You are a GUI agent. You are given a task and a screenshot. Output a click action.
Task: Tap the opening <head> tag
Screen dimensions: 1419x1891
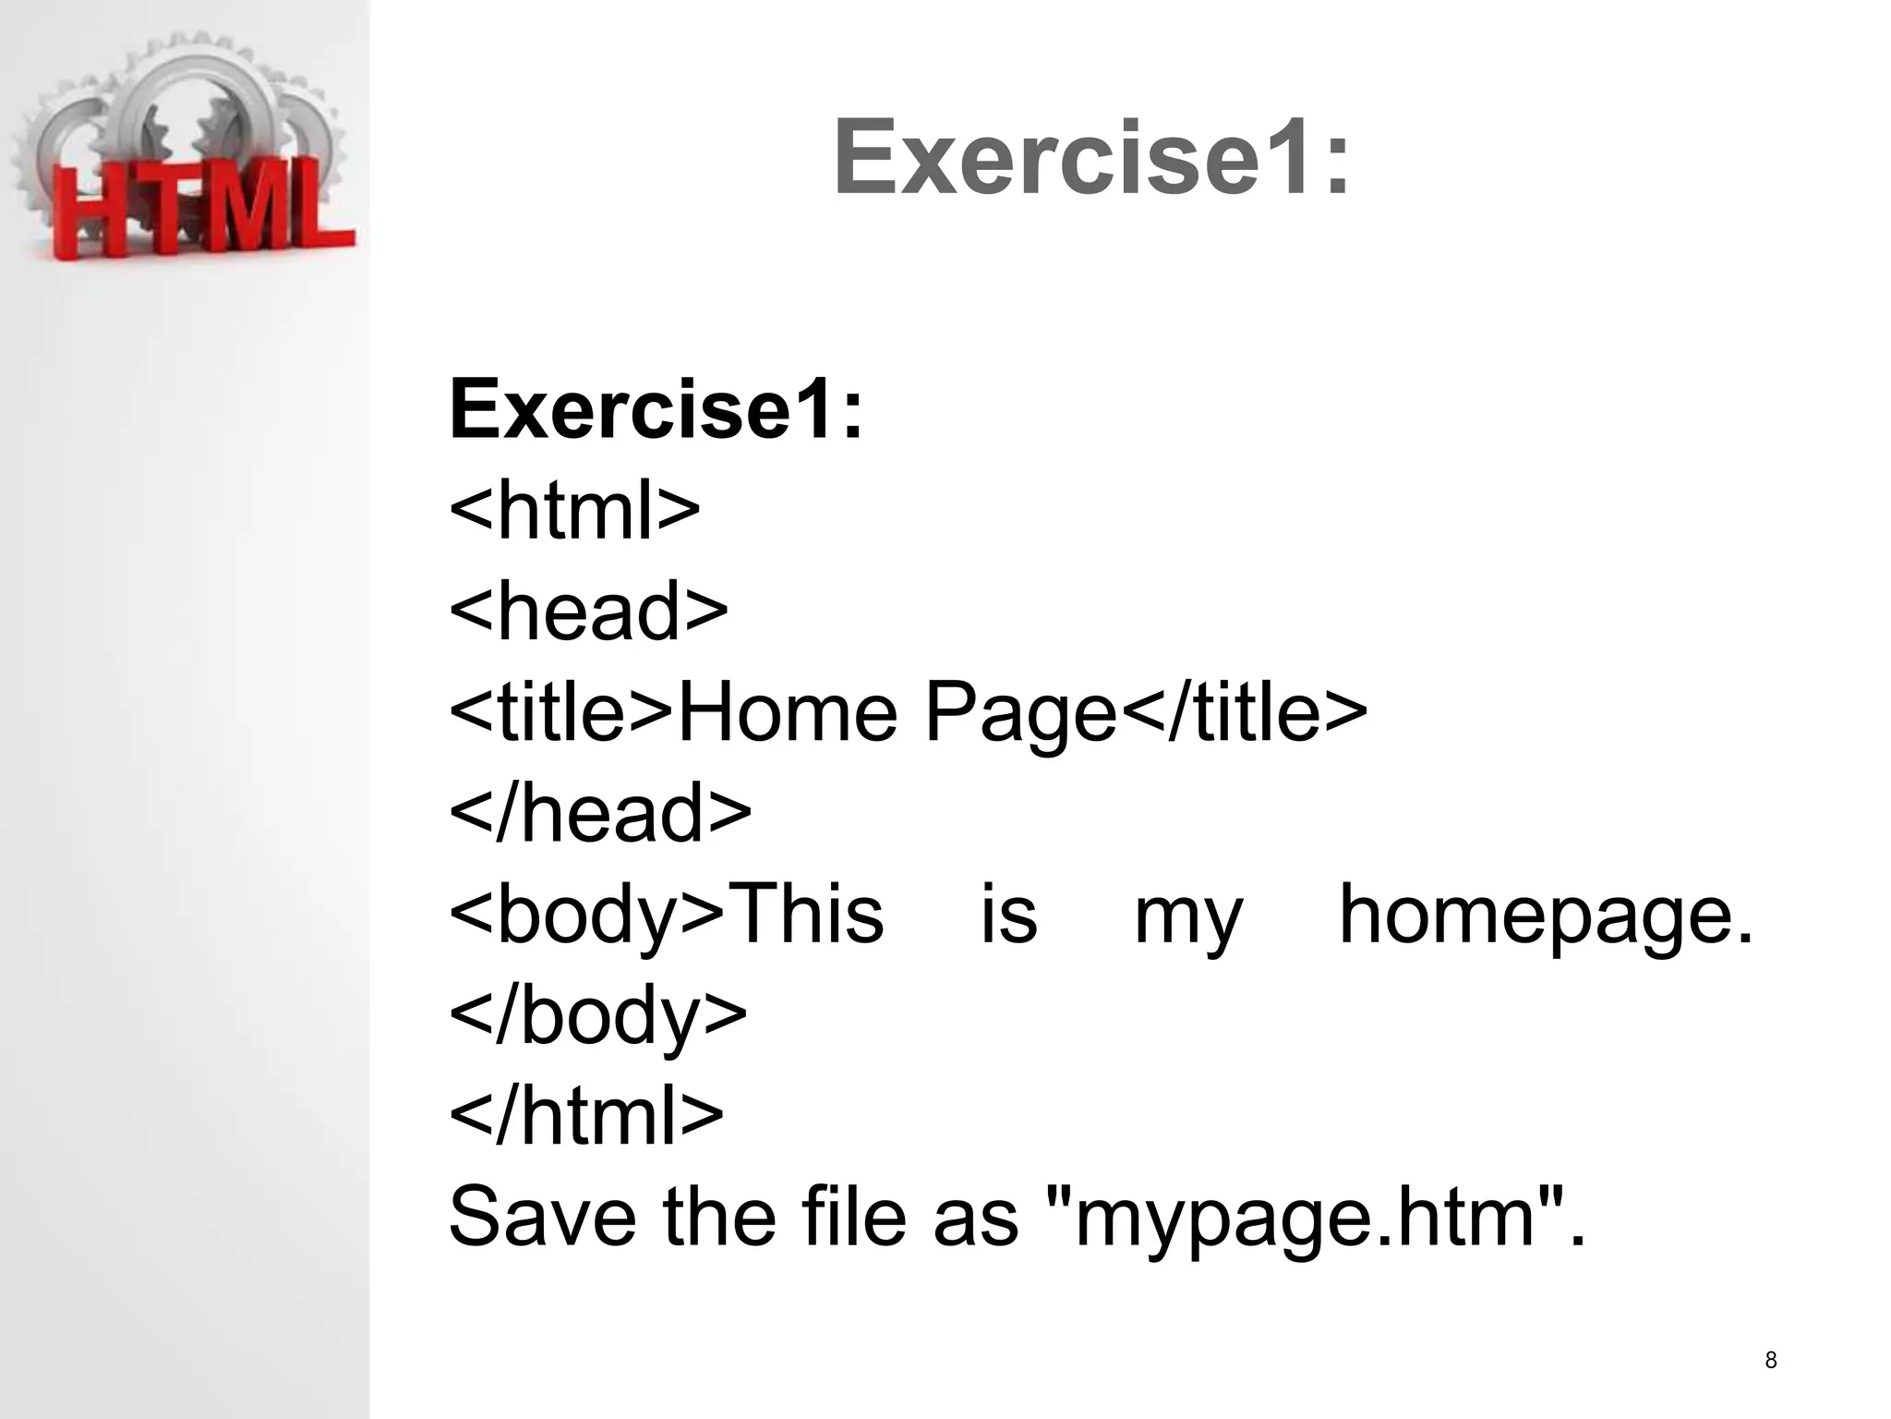coord(588,611)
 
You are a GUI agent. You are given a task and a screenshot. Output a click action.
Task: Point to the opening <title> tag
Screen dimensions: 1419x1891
coord(561,712)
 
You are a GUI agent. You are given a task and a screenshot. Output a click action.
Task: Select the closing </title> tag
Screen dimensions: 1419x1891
coord(1243,712)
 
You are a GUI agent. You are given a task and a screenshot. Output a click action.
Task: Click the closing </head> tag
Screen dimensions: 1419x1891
coord(600,813)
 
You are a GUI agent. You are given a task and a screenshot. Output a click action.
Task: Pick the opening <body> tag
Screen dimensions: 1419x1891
coord(587,915)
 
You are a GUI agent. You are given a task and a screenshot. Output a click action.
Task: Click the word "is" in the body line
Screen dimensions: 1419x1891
coord(1008,915)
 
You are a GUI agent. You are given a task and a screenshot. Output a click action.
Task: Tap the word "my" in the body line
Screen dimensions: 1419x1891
coord(1188,919)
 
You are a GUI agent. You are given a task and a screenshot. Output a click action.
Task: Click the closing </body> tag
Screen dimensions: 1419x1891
coord(597,1016)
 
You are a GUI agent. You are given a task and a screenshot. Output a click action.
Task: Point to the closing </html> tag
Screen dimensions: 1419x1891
coord(586,1116)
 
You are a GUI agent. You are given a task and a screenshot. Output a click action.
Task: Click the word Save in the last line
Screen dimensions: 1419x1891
coord(542,1218)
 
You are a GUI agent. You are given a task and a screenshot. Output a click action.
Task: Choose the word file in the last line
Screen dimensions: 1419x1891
coord(854,1218)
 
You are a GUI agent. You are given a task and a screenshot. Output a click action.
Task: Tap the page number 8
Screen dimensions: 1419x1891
coord(1770,1360)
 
